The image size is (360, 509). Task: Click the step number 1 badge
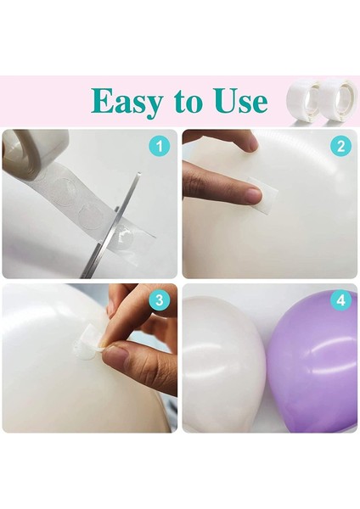(160, 146)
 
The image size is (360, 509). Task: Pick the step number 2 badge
(340, 146)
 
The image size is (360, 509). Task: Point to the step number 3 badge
(160, 300)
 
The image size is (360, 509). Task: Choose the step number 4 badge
(340, 300)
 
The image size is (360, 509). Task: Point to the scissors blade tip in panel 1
(139, 174)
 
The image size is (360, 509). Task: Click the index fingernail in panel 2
(253, 197)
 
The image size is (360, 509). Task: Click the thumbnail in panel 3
(116, 356)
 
